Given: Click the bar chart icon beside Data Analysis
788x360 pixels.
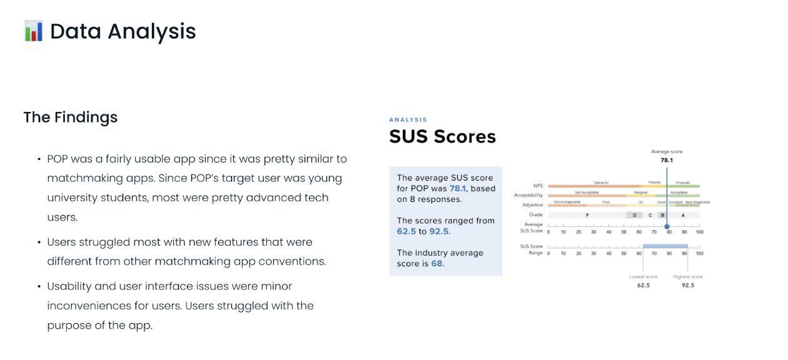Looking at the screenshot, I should (33, 31).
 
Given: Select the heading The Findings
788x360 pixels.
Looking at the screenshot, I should (70, 117).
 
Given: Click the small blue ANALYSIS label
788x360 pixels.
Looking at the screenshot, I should (408, 119).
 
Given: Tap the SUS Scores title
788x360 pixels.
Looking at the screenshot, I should (442, 136).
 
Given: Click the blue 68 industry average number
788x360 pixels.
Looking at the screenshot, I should (437, 263).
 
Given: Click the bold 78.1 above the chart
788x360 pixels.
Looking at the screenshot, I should (667, 160).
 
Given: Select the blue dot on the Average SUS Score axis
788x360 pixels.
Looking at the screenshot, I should (667, 227).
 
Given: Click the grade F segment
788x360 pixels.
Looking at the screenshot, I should (587, 215).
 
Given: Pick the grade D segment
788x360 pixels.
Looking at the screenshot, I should (634, 215).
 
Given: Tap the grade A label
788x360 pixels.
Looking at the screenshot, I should (683, 215).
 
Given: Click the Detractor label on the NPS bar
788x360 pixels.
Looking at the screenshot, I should (601, 182).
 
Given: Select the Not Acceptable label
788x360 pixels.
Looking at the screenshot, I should (587, 192).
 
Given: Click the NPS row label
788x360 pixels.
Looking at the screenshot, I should (538, 186).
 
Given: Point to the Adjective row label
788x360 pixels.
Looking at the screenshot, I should (532, 205).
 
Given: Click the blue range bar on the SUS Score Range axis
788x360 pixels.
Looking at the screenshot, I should (665, 247).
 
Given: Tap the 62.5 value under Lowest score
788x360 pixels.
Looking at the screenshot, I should (643, 285).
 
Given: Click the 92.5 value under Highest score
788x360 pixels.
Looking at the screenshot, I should (687, 285).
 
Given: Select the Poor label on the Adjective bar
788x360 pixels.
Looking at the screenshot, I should (606, 202).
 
